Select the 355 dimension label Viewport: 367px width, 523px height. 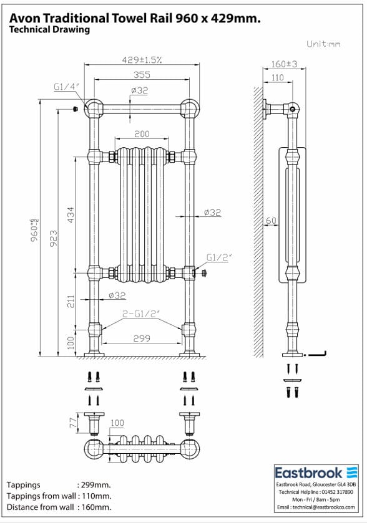[x=142, y=74]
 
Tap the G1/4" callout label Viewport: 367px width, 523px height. [x=64, y=88]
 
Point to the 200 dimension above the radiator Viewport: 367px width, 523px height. [x=142, y=134]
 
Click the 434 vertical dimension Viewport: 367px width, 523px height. [x=71, y=214]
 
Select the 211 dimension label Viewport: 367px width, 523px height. [x=71, y=302]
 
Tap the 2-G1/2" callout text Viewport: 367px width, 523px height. [x=141, y=315]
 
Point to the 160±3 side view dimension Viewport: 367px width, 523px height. [x=284, y=64]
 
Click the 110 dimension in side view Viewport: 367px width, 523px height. [x=276, y=78]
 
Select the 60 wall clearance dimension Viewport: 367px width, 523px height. [x=270, y=221]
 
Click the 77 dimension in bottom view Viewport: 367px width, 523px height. [x=73, y=423]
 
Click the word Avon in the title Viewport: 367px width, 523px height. [x=22, y=19]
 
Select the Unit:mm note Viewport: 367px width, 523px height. [x=323, y=44]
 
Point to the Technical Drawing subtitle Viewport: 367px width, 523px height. [x=50, y=30]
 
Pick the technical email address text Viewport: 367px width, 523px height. [x=318, y=508]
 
